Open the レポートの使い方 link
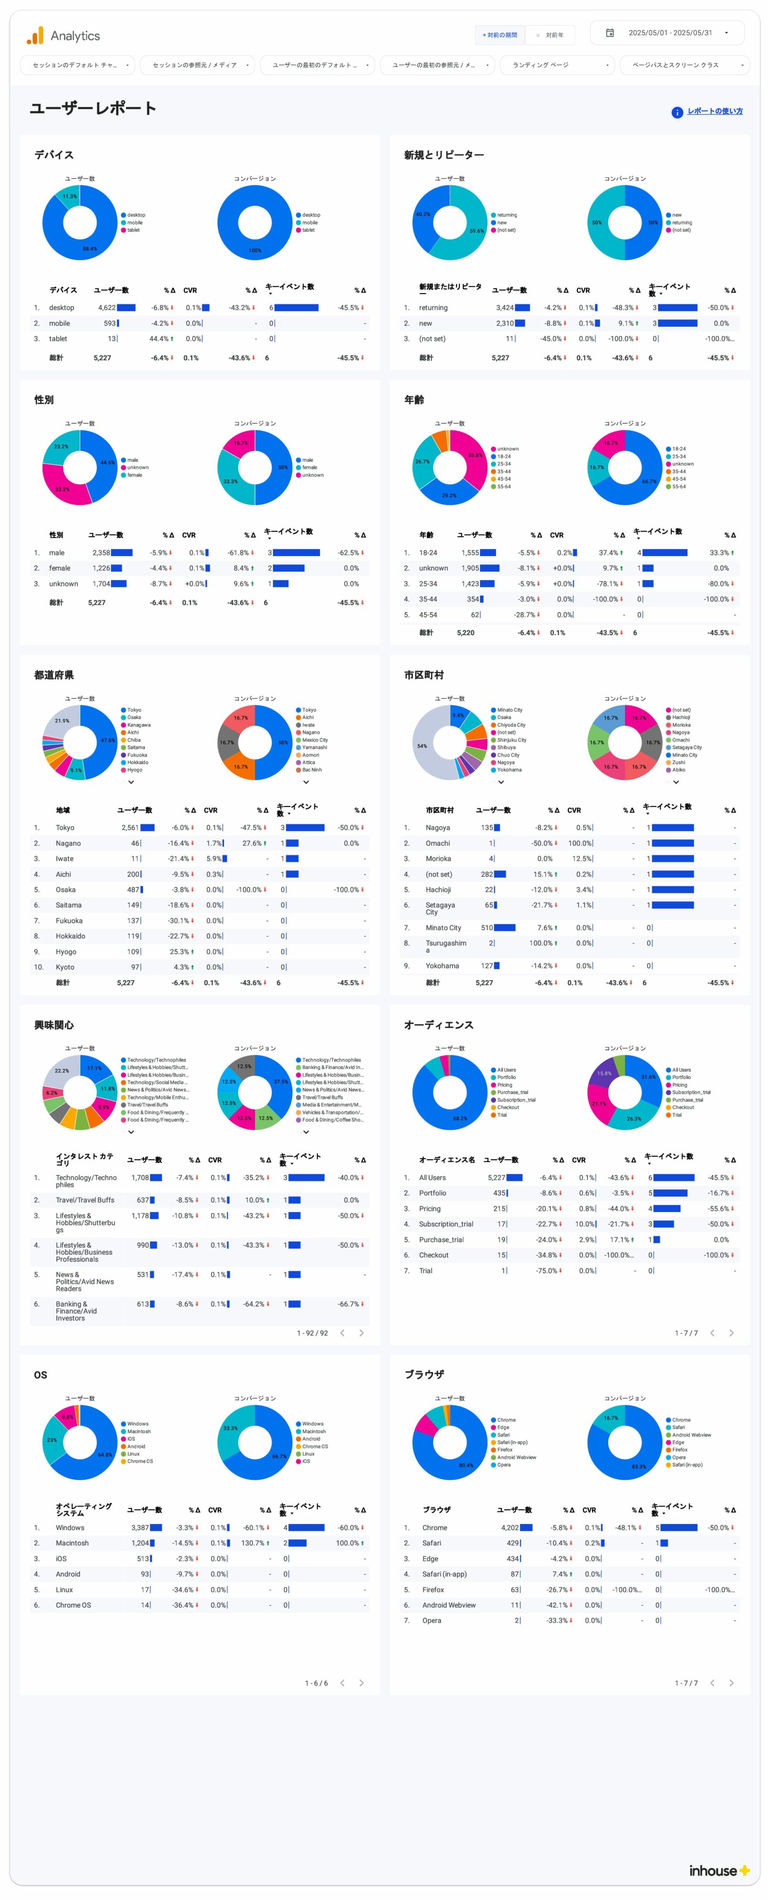(x=714, y=111)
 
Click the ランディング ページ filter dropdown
(x=557, y=65)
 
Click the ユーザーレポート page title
(x=93, y=109)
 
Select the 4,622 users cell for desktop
(x=107, y=308)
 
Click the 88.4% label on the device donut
(x=89, y=249)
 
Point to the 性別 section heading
(x=44, y=400)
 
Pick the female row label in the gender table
(x=60, y=568)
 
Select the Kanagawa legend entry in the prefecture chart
(x=139, y=725)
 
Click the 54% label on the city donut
(x=422, y=746)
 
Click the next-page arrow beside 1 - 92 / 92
(x=362, y=1333)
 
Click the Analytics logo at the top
(x=63, y=35)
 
